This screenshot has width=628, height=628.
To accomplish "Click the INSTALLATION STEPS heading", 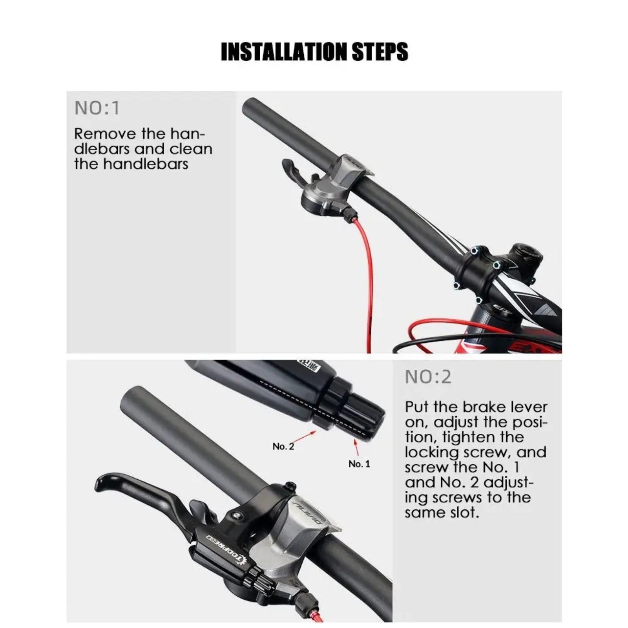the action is click(x=314, y=52).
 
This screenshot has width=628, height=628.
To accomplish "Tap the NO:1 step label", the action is click(x=97, y=108).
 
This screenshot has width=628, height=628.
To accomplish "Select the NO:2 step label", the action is click(x=428, y=377).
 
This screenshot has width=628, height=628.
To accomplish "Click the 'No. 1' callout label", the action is click(x=359, y=464).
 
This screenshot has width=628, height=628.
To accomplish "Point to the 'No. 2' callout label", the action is click(x=283, y=446).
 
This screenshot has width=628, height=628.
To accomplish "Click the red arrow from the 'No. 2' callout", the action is click(x=304, y=436).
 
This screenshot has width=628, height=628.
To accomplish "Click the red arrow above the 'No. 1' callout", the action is click(x=356, y=447).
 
